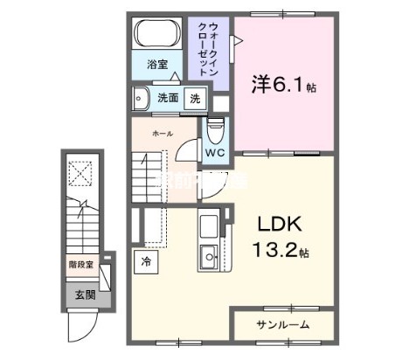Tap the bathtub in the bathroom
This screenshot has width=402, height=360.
pos(157,36)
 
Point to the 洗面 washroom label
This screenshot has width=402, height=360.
pos(169,98)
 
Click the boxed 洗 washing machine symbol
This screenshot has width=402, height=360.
pos(195,99)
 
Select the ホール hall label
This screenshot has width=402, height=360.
pos(162,134)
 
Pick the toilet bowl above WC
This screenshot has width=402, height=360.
pos(216,130)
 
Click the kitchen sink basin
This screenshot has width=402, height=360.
pos(209,256)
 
